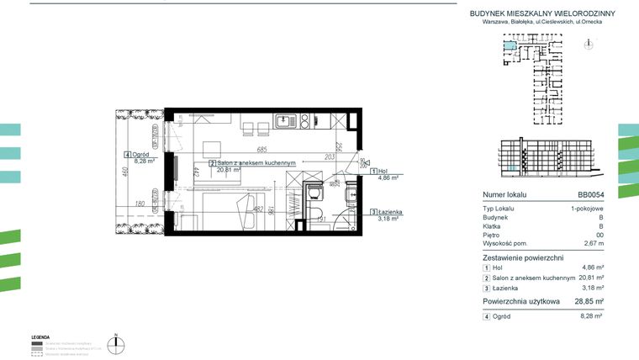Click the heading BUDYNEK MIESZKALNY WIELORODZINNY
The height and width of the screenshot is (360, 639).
point(541,13)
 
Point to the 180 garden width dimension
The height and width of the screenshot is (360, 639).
point(140,204)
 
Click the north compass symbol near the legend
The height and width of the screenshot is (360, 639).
point(119,342)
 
